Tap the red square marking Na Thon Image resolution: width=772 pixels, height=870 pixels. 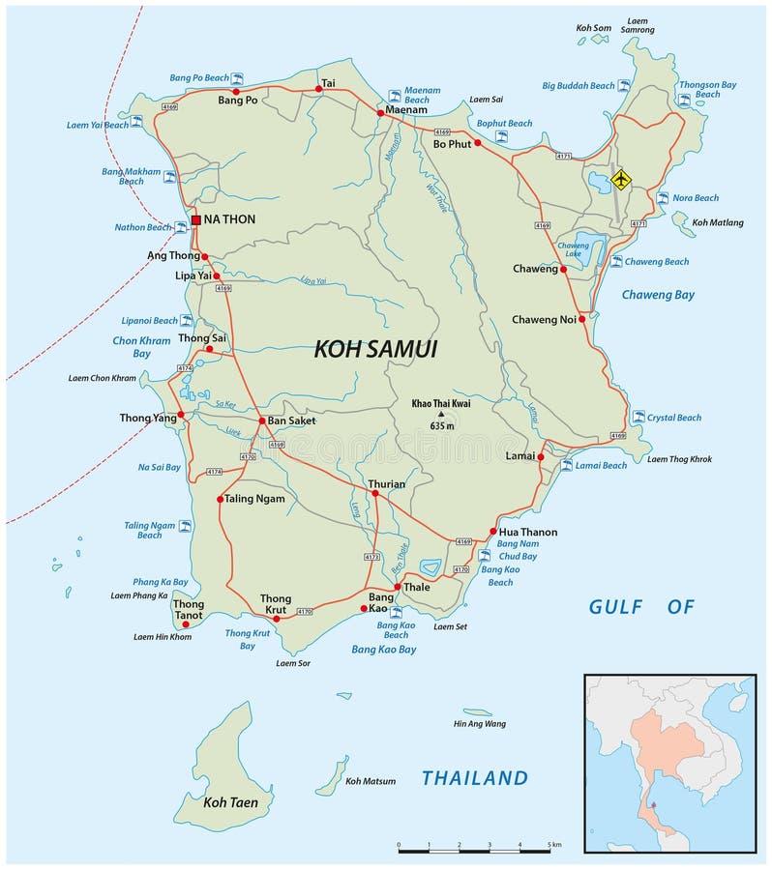point(195,219)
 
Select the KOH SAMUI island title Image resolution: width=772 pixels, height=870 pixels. point(375,350)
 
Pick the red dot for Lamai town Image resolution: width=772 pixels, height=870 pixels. point(541,456)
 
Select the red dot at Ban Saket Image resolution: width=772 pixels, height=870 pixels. point(261,420)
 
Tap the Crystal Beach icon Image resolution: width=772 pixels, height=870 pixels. point(638,417)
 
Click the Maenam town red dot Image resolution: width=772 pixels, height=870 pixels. point(380,113)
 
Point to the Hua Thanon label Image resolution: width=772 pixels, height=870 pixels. point(528,532)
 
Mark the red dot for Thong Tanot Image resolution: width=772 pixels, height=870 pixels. point(186,624)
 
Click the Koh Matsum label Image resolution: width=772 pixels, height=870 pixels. point(371,781)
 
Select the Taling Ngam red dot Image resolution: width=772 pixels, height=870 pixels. point(220,499)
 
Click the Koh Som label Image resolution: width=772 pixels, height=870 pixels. point(594,28)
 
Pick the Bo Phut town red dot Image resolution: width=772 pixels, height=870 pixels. point(477,143)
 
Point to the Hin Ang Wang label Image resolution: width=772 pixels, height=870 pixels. point(480,723)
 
